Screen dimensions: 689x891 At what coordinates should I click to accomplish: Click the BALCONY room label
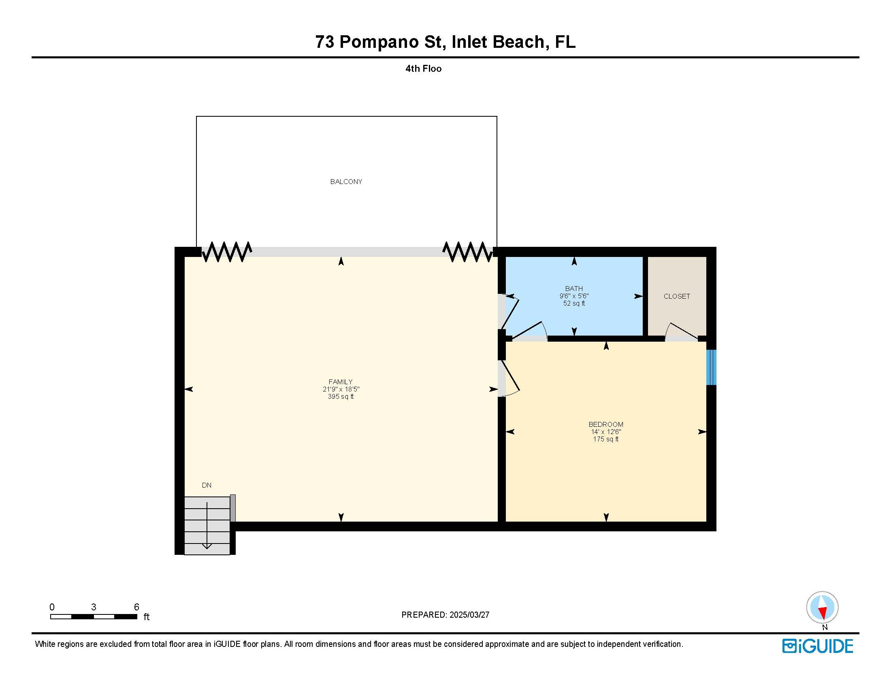(x=346, y=182)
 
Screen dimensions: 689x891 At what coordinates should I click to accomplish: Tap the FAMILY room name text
(x=340, y=382)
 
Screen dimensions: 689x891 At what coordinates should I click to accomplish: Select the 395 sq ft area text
(x=340, y=396)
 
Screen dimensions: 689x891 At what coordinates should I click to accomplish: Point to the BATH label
(x=573, y=289)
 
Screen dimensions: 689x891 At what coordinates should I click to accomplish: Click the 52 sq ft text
(x=573, y=303)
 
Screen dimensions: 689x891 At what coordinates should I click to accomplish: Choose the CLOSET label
(x=676, y=296)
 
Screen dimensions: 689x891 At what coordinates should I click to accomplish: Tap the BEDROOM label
(x=605, y=424)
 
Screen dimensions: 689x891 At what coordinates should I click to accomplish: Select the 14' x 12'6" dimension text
(x=605, y=432)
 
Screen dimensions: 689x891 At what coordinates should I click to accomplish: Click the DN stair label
(x=207, y=485)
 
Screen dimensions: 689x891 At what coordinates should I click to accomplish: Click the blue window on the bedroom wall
(x=711, y=367)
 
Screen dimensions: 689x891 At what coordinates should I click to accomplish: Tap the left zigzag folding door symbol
(x=227, y=251)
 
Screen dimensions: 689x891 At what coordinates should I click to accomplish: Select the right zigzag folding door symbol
(x=467, y=251)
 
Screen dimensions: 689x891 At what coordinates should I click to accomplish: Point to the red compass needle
(x=823, y=613)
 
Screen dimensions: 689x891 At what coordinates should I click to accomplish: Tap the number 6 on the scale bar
(x=136, y=607)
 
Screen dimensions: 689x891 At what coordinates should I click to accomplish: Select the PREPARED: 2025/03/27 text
(x=445, y=615)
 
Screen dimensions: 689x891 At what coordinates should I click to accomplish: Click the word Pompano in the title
(x=379, y=42)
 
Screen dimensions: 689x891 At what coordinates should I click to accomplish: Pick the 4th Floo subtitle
(x=423, y=68)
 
